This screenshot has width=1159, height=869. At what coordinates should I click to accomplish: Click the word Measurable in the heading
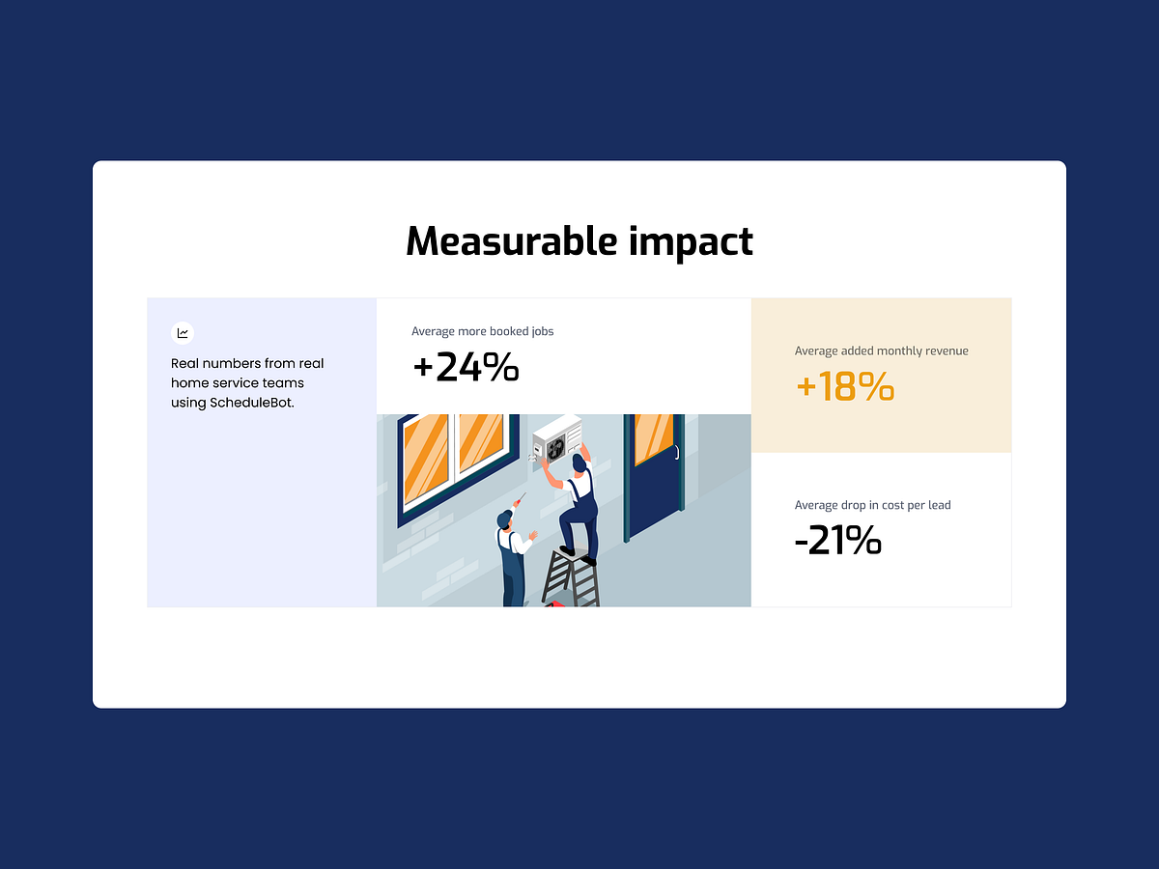click(511, 241)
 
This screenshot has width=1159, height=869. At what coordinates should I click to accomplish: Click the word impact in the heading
click(691, 242)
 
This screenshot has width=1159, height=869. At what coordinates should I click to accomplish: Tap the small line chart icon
click(183, 333)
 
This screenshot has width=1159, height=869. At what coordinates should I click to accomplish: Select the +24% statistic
click(466, 367)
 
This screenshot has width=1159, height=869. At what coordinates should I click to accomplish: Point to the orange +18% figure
click(845, 386)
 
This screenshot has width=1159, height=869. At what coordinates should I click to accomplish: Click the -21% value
click(838, 540)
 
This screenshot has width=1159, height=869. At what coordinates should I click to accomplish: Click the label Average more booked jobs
click(483, 331)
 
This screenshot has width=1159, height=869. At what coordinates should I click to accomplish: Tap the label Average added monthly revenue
click(881, 350)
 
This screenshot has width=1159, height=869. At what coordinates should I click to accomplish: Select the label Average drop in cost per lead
click(872, 505)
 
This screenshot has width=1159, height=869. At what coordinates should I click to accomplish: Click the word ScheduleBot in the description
click(250, 403)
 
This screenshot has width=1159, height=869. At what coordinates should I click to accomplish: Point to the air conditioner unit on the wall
click(557, 438)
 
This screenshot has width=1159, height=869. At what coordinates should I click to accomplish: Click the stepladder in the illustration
click(571, 576)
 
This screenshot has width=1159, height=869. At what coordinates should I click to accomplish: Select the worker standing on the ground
click(513, 557)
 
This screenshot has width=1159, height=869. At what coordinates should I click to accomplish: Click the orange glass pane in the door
click(654, 438)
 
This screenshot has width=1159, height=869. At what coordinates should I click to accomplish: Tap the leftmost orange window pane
click(426, 457)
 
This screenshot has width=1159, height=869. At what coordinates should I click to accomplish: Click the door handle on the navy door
click(676, 452)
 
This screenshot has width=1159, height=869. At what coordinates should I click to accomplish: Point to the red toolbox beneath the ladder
click(555, 603)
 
